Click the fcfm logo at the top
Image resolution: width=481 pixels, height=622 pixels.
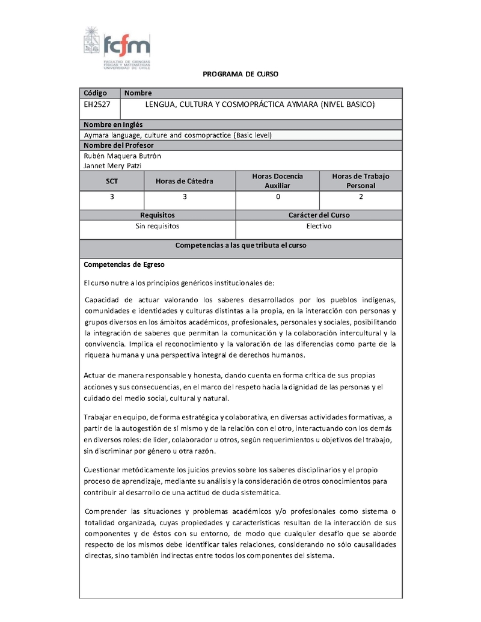[117, 48]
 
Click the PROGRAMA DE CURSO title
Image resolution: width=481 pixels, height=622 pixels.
[240, 74]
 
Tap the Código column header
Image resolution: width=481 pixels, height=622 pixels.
[96, 93]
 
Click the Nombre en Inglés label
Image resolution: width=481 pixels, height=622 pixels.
[113, 125]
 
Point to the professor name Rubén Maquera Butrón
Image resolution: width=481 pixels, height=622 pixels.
[122, 156]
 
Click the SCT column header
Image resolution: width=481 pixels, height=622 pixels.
[112, 181]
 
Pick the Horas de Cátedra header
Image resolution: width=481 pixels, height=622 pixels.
[184, 181]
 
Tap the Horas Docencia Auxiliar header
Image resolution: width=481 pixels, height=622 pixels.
[277, 181]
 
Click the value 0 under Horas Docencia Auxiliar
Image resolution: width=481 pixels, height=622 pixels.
[277, 197]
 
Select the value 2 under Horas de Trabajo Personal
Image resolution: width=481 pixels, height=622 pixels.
[361, 197]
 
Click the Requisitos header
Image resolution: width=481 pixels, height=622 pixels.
[158, 215]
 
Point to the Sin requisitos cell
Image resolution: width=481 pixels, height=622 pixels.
[158, 227]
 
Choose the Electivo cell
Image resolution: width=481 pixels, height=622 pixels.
[319, 227]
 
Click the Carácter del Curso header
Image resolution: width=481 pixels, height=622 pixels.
[319, 215]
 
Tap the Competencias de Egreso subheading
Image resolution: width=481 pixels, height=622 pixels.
[124, 264]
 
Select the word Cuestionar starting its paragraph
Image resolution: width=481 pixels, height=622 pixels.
[103, 469]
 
